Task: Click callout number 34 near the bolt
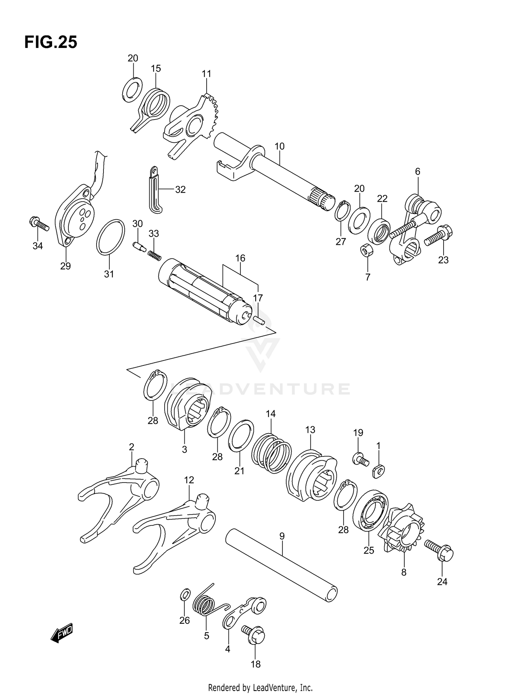pyautogui.click(x=38, y=246)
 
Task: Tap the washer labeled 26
pyautogui.click(x=185, y=595)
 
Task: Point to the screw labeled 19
pyautogui.click(x=359, y=460)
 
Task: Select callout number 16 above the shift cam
pyautogui.click(x=240, y=258)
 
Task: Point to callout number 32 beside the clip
pyautogui.click(x=180, y=189)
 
